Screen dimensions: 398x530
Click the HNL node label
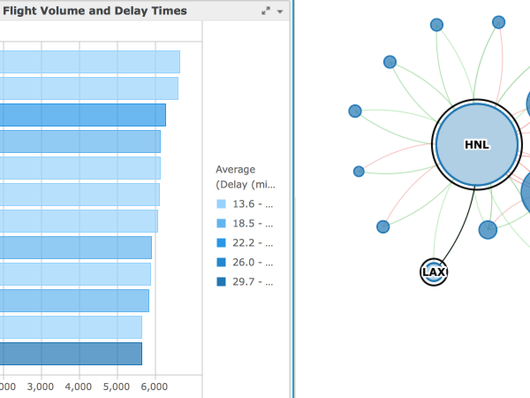[476, 144]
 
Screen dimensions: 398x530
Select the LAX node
[433, 272]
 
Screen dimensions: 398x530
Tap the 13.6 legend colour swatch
[221, 204]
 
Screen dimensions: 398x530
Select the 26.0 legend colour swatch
[221, 263]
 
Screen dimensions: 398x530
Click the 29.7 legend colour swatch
[221, 282]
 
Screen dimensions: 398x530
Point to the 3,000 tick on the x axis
[41, 387]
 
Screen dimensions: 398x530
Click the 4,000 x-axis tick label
[79, 387]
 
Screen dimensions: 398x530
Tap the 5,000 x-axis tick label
[117, 387]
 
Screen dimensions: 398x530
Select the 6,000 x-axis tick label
[155, 387]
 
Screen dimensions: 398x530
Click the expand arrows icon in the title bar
[266, 11]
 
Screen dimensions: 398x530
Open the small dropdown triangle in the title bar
[280, 11]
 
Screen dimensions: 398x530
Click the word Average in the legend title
[235, 169]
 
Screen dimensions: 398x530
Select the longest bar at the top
[88, 62]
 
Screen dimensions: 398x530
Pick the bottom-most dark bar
[71, 354]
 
